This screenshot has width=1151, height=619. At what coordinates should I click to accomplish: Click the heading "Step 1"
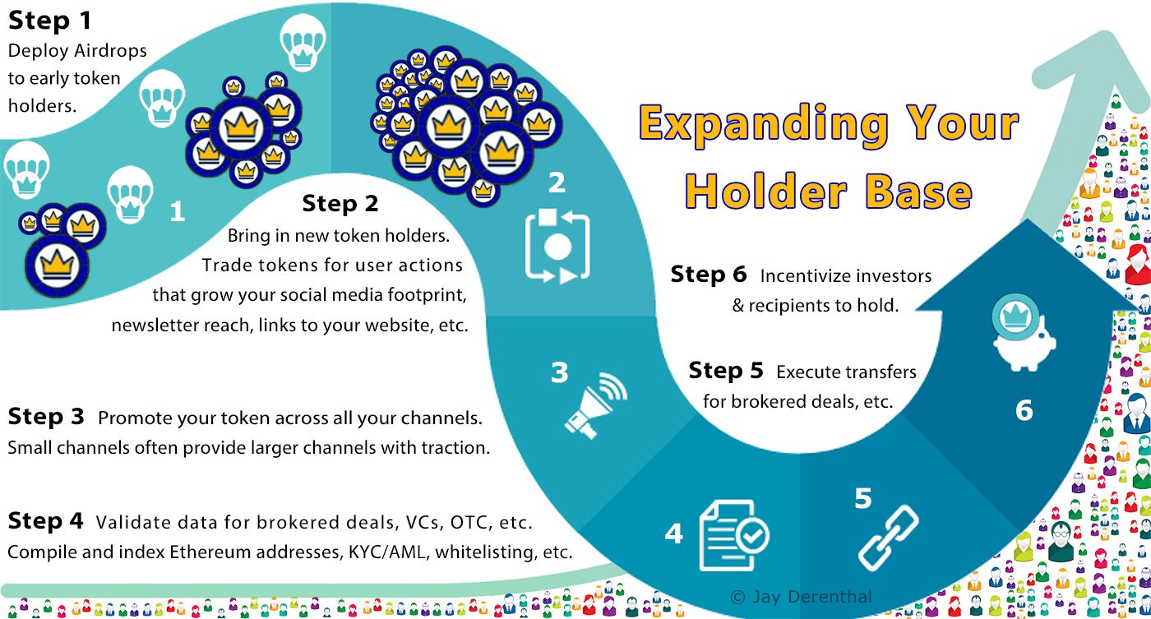click(x=50, y=21)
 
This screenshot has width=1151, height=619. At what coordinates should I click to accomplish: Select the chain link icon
click(x=889, y=538)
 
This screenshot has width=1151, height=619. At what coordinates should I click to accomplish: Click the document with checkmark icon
click(x=734, y=535)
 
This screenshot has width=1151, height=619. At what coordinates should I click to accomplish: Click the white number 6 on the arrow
click(x=1024, y=410)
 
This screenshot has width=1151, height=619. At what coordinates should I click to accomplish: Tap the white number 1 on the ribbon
click(x=178, y=211)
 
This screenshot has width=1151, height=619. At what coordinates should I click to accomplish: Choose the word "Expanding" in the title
click(x=764, y=124)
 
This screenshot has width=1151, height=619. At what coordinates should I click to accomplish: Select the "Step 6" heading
click(x=709, y=275)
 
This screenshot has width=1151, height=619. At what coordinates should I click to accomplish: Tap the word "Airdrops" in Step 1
click(x=110, y=51)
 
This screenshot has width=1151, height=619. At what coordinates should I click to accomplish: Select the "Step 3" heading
click(x=46, y=417)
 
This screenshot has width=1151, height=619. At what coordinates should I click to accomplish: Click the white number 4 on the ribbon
click(x=673, y=534)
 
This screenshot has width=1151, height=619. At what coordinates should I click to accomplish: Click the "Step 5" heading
click(x=726, y=371)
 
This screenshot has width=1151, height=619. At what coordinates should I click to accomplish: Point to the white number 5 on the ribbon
click(x=863, y=498)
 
